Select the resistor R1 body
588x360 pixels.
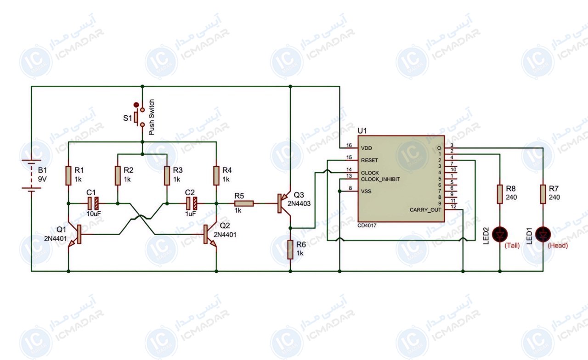coord(68,175)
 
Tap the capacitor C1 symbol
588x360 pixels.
coord(93,203)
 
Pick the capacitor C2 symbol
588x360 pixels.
coord(192,203)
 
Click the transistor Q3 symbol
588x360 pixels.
coord(284,203)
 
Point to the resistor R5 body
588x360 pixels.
coord(244,203)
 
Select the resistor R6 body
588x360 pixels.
coord(290,249)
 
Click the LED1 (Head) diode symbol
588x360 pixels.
coord(543,234)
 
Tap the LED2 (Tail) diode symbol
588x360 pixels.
coord(500,234)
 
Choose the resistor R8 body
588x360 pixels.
coord(500,194)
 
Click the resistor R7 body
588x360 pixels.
coord(543,194)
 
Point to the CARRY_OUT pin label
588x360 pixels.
coord(425,210)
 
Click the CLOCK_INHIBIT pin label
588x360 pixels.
coord(380,180)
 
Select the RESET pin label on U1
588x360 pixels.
coord(369,160)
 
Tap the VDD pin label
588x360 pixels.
coord(366,148)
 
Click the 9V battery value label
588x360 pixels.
coord(42,179)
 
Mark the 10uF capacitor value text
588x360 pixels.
coord(94,214)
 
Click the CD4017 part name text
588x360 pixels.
coord(367,225)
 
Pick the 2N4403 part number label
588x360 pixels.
coord(299,203)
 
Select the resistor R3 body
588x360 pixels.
coord(167,175)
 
